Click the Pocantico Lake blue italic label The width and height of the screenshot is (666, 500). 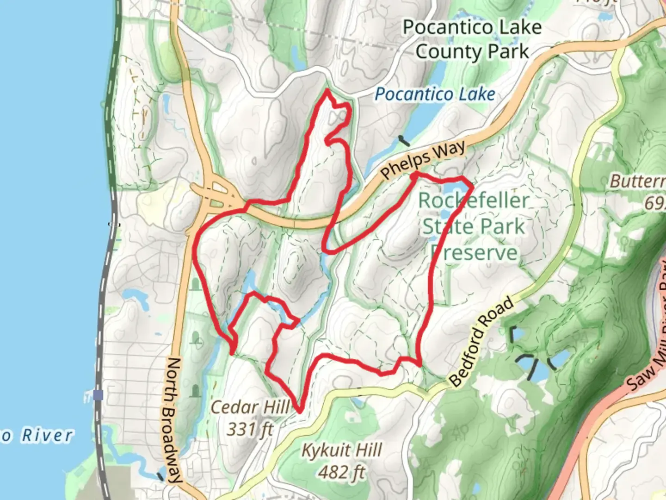coord(435,94)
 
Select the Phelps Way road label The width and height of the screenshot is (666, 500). coord(423,160)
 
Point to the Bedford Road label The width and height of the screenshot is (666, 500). coord(481,342)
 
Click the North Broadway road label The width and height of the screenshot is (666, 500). coord(172,419)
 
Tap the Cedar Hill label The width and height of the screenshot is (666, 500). coord(250,407)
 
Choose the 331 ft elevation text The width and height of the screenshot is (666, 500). coord(250,429)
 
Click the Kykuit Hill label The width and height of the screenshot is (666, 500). coord(342,450)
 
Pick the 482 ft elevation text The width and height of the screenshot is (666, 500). coord(342,472)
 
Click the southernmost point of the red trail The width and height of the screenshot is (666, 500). coord(300,411)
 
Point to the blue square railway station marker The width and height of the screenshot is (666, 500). coord(98,395)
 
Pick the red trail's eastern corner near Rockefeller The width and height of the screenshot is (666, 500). coord(471,186)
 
